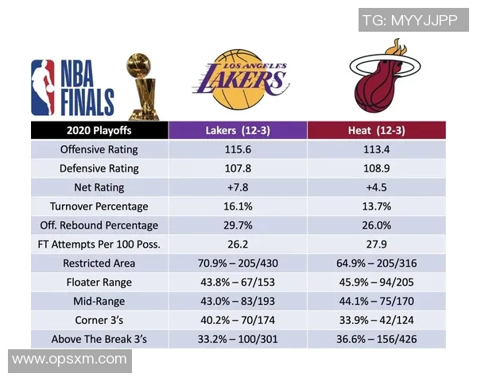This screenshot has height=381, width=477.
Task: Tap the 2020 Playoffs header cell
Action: point(99,130)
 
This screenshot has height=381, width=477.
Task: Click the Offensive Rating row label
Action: point(99,149)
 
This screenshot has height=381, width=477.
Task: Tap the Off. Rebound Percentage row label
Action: point(99,225)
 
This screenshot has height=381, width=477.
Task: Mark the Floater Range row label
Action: point(99,283)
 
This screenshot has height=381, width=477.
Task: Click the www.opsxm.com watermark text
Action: point(69,360)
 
